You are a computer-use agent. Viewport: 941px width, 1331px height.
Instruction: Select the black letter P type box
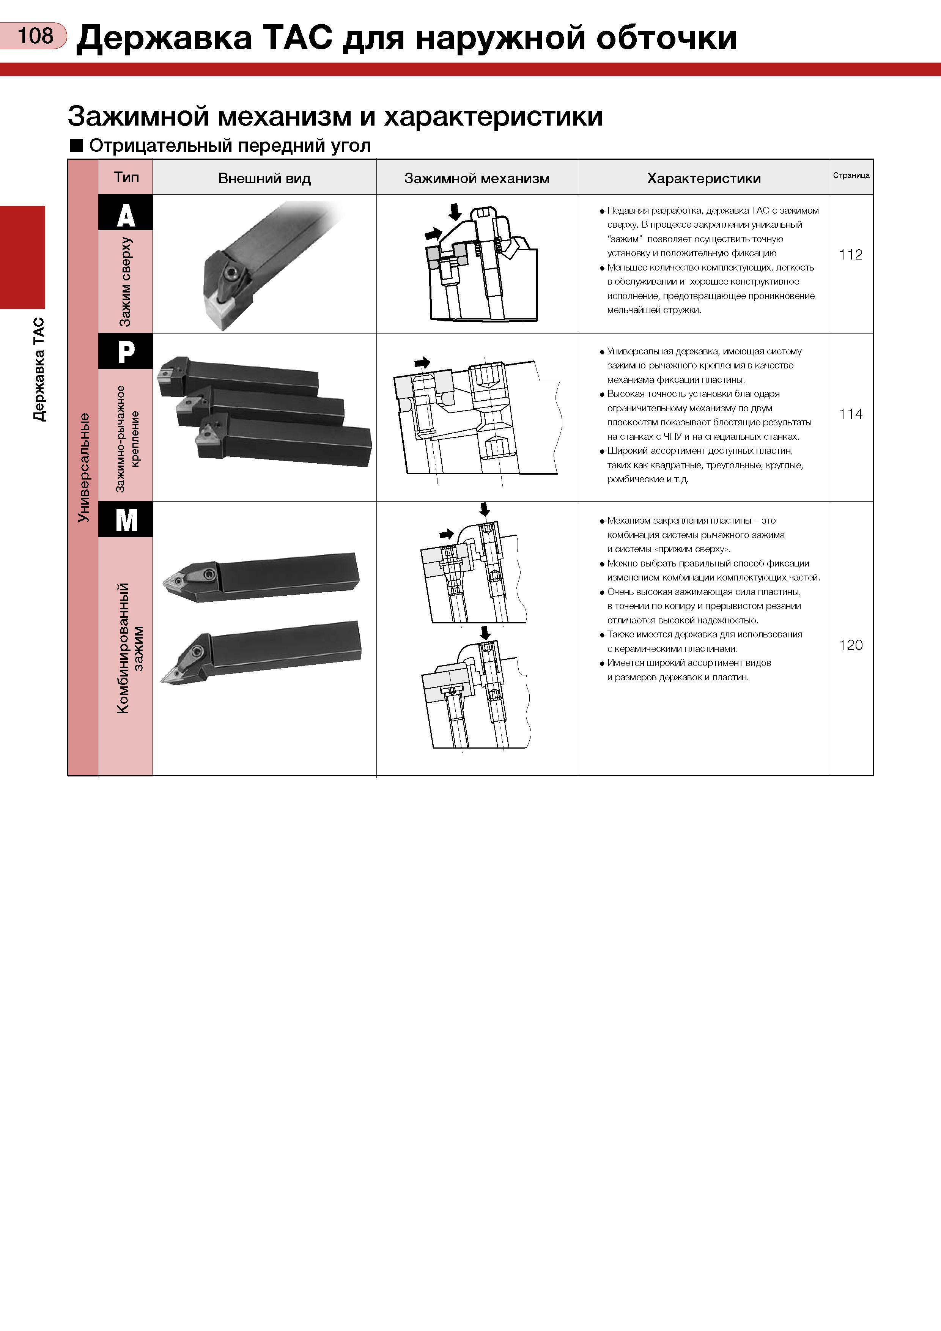tap(126, 351)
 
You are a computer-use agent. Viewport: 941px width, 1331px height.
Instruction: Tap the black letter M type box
tap(126, 519)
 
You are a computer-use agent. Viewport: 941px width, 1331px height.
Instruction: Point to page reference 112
tap(851, 255)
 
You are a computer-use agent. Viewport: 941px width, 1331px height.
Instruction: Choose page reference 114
tap(851, 414)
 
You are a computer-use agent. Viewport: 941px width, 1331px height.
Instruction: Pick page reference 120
tap(851, 645)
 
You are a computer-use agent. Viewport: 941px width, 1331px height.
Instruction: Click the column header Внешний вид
tap(264, 179)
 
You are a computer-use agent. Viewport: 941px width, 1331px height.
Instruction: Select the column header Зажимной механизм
tap(477, 179)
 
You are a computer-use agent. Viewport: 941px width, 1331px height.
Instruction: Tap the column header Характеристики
tap(704, 179)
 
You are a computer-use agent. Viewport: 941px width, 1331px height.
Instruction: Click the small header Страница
tap(851, 175)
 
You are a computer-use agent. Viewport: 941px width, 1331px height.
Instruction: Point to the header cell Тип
tap(126, 177)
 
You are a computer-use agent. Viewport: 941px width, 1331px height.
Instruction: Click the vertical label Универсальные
tap(83, 467)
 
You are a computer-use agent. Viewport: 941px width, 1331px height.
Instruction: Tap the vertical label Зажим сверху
tap(125, 282)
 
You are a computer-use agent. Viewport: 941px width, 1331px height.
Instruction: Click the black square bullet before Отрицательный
tap(76, 145)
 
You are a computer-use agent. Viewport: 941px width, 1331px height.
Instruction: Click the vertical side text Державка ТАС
tap(38, 369)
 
